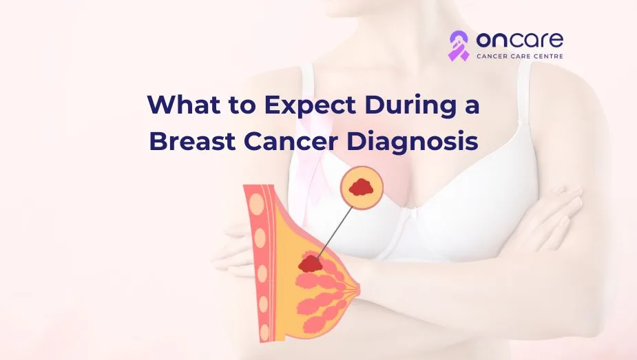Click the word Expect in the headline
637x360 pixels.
point(310,105)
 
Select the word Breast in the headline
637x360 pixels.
point(193,142)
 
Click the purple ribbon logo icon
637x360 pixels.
point(458,45)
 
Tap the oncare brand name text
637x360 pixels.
point(520,40)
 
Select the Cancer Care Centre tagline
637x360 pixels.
point(520,56)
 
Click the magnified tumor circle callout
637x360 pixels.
point(362,187)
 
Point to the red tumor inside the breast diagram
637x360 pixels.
point(311,263)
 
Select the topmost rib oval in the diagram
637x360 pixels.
point(258,204)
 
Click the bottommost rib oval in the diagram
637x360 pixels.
point(264,332)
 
